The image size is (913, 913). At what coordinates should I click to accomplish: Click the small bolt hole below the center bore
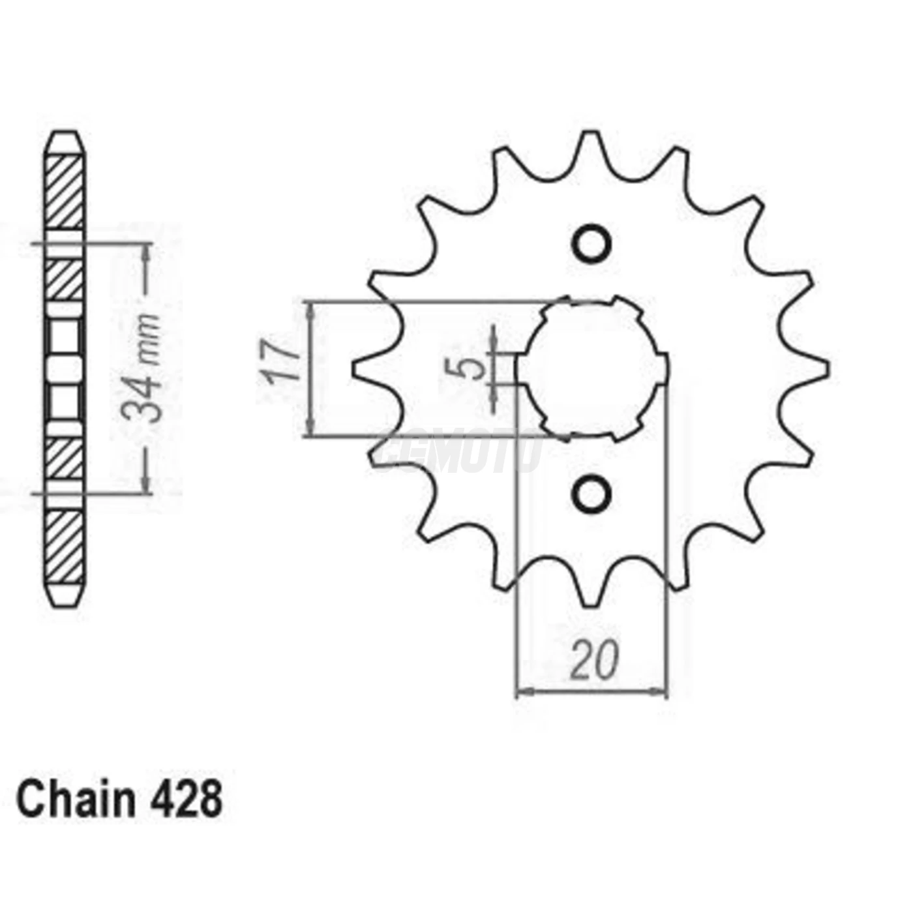coord(591,494)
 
